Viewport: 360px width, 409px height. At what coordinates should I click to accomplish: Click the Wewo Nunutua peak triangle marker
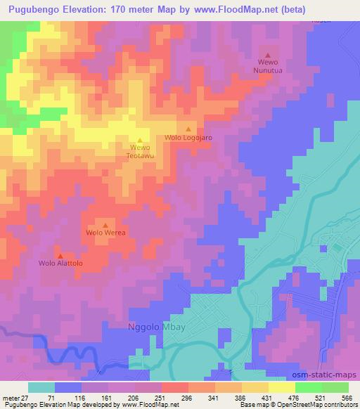point(267,56)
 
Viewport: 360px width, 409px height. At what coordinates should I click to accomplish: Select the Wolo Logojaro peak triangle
point(188,129)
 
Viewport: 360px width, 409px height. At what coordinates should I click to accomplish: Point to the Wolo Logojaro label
point(188,138)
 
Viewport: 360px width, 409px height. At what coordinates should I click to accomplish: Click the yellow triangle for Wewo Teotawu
point(139,140)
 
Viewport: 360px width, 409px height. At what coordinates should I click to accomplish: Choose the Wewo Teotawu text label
point(139,152)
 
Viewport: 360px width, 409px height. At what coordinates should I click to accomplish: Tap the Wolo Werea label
point(105,233)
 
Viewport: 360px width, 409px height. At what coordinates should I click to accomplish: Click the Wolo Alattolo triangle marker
point(60,256)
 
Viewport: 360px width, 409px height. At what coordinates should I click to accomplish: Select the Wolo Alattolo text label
point(60,264)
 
